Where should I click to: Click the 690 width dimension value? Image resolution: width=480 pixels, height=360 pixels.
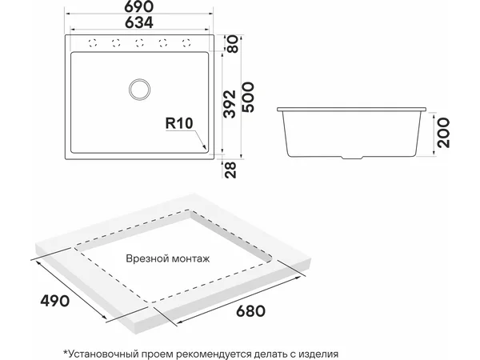click(139, 6)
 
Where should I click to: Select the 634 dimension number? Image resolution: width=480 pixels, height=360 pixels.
click(139, 22)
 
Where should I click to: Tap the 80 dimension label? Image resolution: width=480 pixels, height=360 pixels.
click(233, 44)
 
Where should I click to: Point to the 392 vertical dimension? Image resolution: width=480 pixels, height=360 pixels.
click(230, 104)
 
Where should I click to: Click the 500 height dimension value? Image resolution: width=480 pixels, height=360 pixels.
click(248, 97)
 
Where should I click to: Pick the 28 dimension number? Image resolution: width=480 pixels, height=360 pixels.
click(230, 170)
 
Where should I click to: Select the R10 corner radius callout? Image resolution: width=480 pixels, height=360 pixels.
click(179, 123)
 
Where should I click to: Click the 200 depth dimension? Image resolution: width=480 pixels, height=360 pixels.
click(444, 133)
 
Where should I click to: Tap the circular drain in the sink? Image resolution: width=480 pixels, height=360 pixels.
click(139, 89)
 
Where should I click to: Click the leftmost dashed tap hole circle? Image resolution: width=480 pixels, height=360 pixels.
click(93, 43)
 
